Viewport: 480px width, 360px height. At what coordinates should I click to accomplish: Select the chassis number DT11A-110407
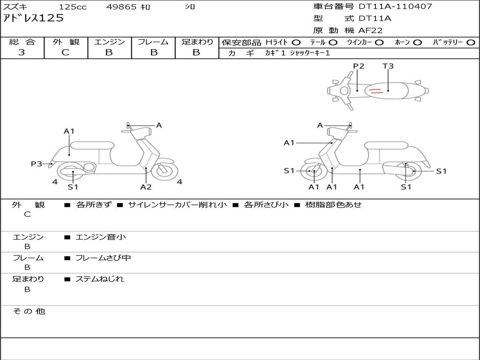pyautogui.click(x=395, y=7)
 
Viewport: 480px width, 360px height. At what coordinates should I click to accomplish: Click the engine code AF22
pyautogui.click(x=371, y=30)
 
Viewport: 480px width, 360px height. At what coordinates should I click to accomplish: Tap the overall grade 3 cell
pyautogui.click(x=22, y=52)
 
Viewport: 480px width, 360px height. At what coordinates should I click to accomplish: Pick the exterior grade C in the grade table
pyautogui.click(x=66, y=52)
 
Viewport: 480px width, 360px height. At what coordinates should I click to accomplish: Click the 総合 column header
pyautogui.click(x=22, y=42)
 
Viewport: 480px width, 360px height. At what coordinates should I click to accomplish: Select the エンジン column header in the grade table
pyautogui.click(x=109, y=42)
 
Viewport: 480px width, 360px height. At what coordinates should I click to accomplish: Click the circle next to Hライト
pyautogui.click(x=296, y=43)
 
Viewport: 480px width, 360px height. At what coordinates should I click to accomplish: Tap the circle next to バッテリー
pyautogui.click(x=471, y=43)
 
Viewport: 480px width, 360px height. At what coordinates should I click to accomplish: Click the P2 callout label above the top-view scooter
pyautogui.click(x=358, y=66)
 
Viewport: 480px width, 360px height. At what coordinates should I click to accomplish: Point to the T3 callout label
pyautogui.click(x=388, y=66)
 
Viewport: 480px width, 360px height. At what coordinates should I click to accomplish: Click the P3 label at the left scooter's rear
pyautogui.click(x=36, y=164)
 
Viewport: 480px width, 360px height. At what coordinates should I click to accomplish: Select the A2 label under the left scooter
pyautogui.click(x=146, y=187)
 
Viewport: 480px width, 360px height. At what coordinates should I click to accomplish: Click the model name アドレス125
pyautogui.click(x=33, y=19)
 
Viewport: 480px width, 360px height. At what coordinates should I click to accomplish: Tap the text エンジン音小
pyautogui.click(x=101, y=237)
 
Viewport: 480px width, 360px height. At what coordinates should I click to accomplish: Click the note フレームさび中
pyautogui.click(x=103, y=258)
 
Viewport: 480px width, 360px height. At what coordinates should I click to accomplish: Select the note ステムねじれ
pyautogui.click(x=99, y=279)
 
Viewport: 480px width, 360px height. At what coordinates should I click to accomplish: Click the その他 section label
pyautogui.click(x=29, y=311)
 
